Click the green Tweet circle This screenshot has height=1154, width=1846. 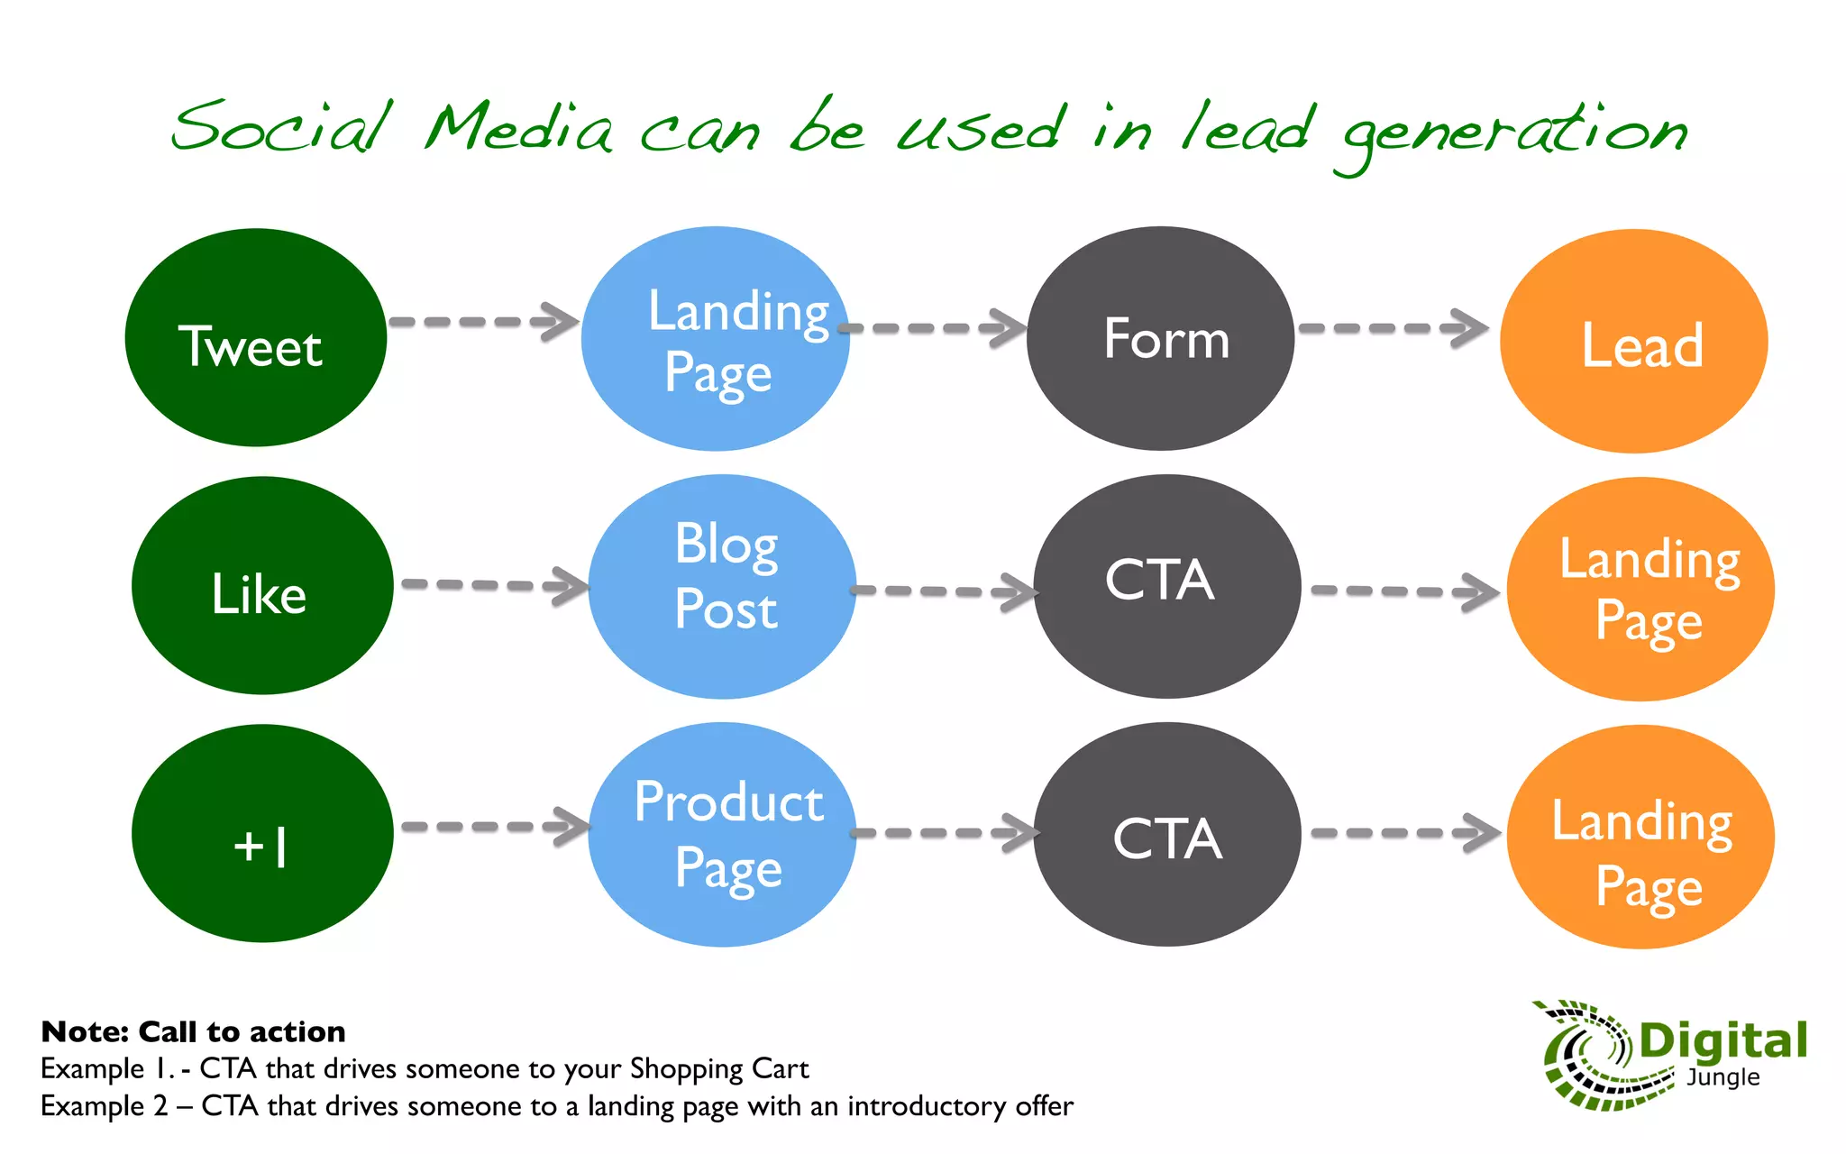(256, 338)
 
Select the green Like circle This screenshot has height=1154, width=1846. (262, 586)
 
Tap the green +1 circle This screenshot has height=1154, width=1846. (262, 834)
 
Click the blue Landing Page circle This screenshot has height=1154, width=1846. (715, 339)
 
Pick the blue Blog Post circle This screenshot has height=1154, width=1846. (722, 587)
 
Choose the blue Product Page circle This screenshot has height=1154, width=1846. (722, 835)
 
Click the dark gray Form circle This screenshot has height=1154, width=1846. (1161, 339)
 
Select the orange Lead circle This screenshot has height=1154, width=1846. (1633, 342)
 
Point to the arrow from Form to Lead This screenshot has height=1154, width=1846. (1394, 328)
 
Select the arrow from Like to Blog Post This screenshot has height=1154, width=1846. (495, 585)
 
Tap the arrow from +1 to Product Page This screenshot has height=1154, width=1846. (495, 827)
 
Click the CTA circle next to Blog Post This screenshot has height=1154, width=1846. (1167, 587)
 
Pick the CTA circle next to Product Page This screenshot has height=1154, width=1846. (1167, 835)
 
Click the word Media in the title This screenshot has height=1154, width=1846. (520, 128)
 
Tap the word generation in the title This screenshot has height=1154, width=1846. (1514, 133)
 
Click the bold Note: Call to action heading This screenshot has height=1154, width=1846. (193, 1031)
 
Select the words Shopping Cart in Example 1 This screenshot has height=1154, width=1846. (718, 1068)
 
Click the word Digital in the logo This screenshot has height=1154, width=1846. (1723, 1041)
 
